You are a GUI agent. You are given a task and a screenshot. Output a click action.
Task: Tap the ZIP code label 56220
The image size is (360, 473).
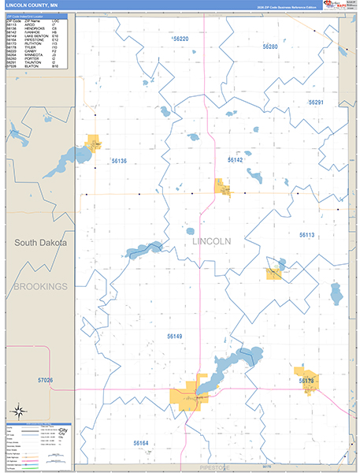tap(181, 39)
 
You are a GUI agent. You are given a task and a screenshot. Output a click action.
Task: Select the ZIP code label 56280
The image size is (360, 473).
tap(270, 47)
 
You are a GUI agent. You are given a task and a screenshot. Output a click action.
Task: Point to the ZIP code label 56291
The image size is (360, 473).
tap(316, 102)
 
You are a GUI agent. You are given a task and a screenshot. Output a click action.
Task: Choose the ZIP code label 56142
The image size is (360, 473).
tap(236, 159)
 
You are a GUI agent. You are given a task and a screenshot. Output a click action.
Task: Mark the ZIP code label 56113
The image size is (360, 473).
tap(306, 235)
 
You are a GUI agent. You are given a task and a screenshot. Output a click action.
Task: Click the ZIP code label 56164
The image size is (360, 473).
tap(141, 443)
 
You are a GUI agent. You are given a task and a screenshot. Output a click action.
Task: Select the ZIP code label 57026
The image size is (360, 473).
tap(45, 381)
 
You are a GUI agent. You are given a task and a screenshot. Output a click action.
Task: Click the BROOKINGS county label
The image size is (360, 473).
tap(40, 286)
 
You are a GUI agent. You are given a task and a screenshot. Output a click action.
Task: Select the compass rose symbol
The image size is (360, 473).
tap(17, 412)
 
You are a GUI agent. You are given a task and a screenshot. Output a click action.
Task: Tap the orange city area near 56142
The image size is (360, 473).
tap(224, 187)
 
